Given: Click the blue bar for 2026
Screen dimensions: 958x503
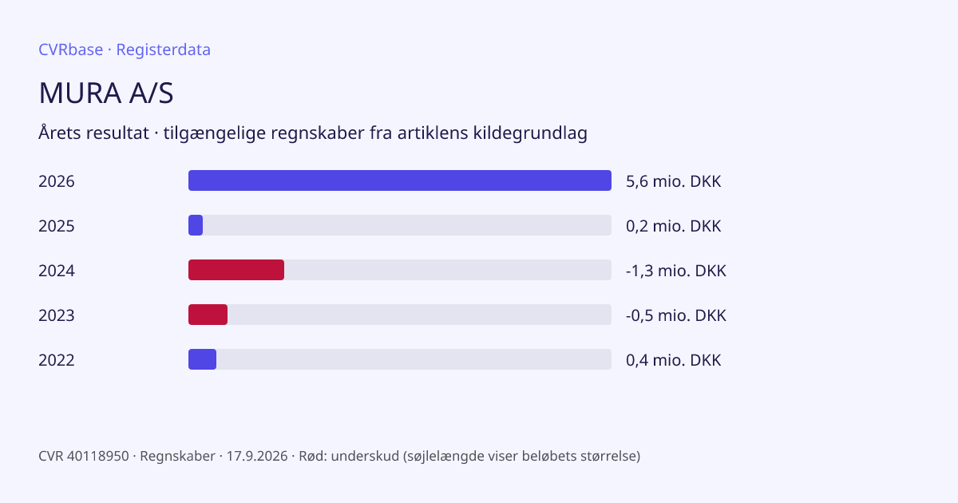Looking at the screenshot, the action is tap(400, 180).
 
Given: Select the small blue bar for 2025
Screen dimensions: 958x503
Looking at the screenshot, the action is tap(196, 225).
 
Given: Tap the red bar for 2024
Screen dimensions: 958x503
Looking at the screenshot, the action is tap(236, 270).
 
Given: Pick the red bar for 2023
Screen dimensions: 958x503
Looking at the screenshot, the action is tap(208, 315).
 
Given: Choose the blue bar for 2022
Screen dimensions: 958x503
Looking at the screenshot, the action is tap(202, 359).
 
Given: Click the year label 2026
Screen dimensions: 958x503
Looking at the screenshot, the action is tap(57, 181).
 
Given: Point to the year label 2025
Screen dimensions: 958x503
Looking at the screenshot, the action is tap(57, 226).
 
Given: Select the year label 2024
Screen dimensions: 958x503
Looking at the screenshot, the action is tap(57, 271).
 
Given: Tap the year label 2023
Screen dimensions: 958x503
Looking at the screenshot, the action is tap(57, 315).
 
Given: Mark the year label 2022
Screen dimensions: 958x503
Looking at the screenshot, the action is tap(57, 360).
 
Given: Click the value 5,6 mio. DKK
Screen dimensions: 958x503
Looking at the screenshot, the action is tap(674, 181).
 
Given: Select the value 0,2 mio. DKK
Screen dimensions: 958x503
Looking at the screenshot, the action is tap(674, 226).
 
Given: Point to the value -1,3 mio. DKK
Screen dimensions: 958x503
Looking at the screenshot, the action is tap(676, 271).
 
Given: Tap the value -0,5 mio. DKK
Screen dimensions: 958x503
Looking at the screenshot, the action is tap(676, 315).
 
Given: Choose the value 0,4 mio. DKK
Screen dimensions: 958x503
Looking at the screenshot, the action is tap(674, 360).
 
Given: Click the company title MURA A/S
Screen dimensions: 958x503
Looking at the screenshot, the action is tap(106, 93).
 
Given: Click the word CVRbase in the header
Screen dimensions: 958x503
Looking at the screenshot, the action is tap(70, 50).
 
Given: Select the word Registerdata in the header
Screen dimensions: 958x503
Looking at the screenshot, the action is tap(164, 50).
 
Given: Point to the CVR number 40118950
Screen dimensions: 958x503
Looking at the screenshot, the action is tap(98, 456).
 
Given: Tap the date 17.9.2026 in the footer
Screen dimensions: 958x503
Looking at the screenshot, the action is tap(257, 456).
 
